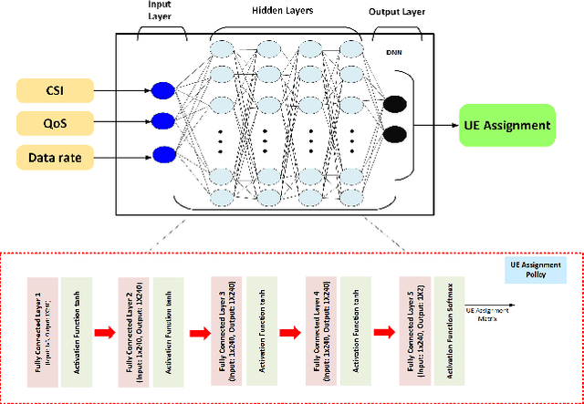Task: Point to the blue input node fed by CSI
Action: click(x=162, y=89)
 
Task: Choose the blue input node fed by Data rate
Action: click(x=162, y=153)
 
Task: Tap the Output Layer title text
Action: click(x=395, y=13)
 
